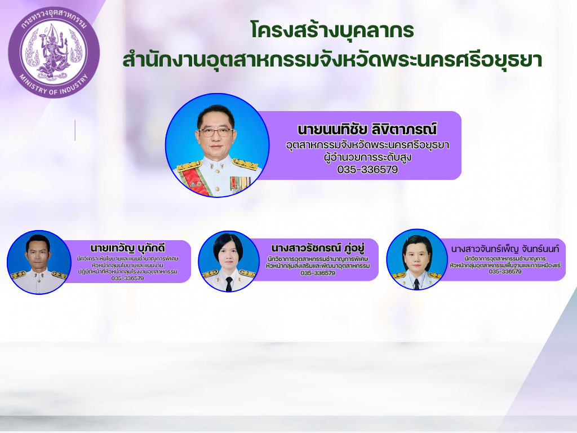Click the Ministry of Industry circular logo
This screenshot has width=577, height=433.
tap(54, 52)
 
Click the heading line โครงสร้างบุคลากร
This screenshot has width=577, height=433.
tap(332, 30)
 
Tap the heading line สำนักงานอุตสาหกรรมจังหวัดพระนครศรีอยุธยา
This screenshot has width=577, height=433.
tap(332, 60)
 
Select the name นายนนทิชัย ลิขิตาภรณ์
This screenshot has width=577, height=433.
tap(367, 129)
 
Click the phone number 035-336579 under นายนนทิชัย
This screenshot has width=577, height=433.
tap(367, 169)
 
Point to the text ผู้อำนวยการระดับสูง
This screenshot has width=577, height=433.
tap(367, 157)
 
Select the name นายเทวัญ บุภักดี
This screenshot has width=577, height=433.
tap(128, 248)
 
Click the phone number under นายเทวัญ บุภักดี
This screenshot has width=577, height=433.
tap(128, 279)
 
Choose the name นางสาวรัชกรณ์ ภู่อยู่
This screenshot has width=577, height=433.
tap(318, 248)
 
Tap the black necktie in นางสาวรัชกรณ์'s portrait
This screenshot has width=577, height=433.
tap(229, 284)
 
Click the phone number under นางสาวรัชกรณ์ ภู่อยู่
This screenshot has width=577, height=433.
tap(318, 273)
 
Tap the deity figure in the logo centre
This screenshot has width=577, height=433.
tap(54, 50)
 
